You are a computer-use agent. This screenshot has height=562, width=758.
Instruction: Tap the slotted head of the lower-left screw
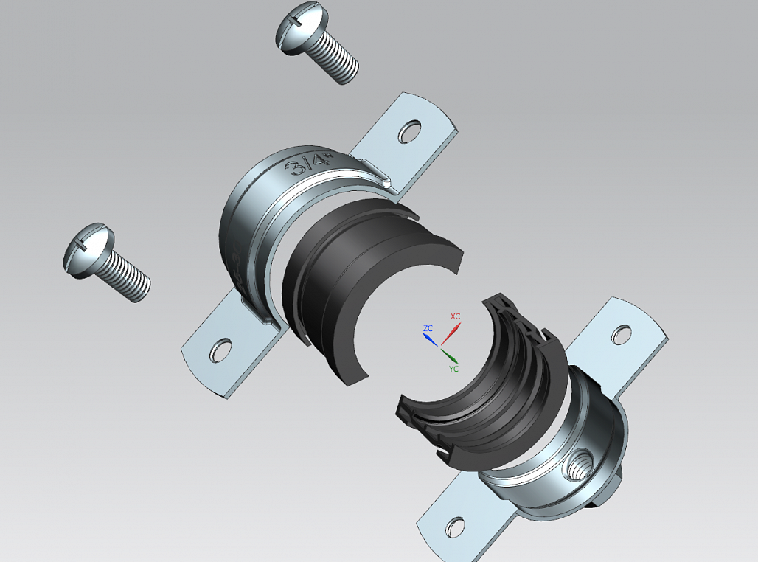[88, 250]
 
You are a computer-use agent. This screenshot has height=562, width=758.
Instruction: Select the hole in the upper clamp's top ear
[409, 132]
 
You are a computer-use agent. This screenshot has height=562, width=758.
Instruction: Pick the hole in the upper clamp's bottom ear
[220, 350]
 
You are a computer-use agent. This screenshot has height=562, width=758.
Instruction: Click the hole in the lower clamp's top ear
[621, 335]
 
